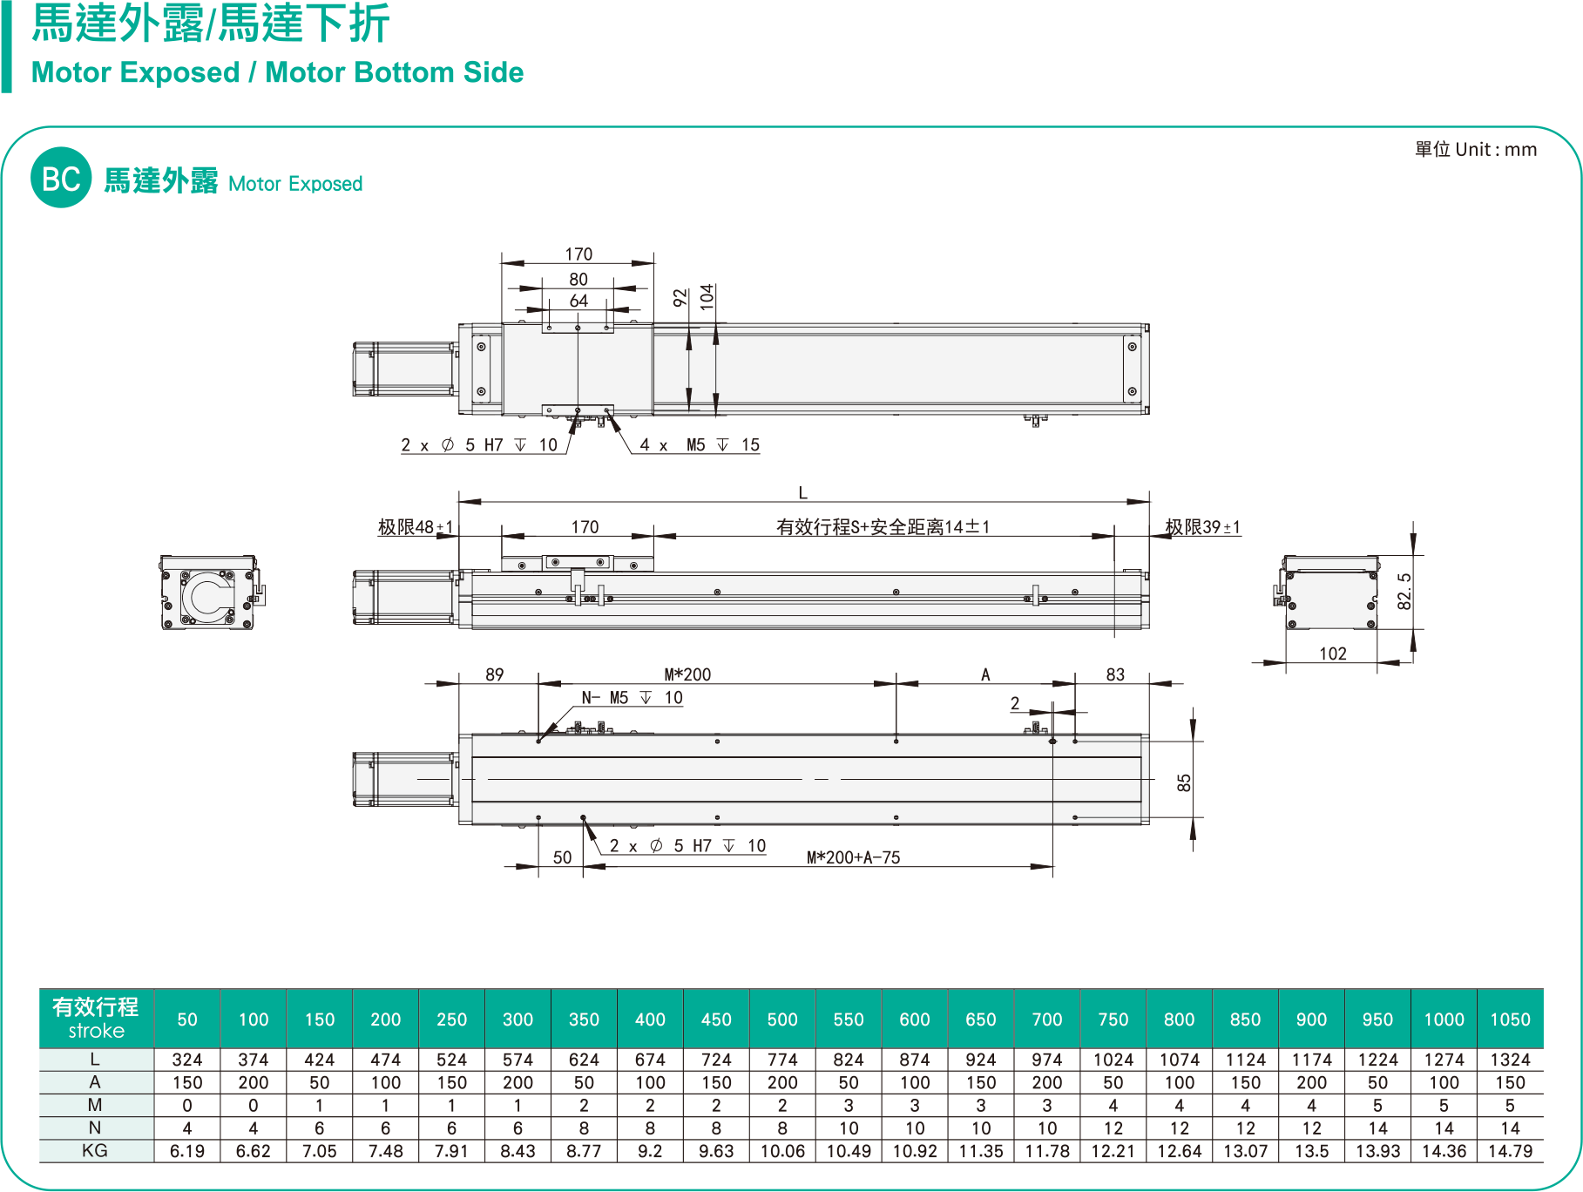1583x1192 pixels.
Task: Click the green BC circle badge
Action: point(61,178)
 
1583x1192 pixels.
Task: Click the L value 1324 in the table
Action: point(1510,1060)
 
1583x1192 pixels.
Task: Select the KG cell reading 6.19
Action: point(187,1151)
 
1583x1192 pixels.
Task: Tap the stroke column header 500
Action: point(782,1019)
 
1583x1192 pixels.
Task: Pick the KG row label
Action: point(95,1151)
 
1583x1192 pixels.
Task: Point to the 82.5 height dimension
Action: point(1404,591)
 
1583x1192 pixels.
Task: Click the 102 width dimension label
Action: point(1332,654)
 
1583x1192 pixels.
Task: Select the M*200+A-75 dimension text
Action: point(853,857)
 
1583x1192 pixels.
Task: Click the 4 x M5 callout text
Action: point(700,445)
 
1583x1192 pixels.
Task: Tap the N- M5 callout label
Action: point(632,698)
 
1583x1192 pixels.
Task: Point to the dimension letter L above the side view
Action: point(802,493)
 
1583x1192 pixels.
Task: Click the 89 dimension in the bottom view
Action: point(494,674)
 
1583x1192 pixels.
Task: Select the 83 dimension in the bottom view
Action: point(1115,674)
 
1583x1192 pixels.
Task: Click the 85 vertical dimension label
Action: point(1183,782)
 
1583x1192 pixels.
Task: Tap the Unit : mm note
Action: point(1475,149)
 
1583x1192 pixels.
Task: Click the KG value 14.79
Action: point(1510,1151)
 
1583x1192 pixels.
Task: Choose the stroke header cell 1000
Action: point(1444,1019)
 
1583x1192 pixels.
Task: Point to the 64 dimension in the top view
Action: point(578,301)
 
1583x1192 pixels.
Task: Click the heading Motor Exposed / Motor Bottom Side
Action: point(277,72)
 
